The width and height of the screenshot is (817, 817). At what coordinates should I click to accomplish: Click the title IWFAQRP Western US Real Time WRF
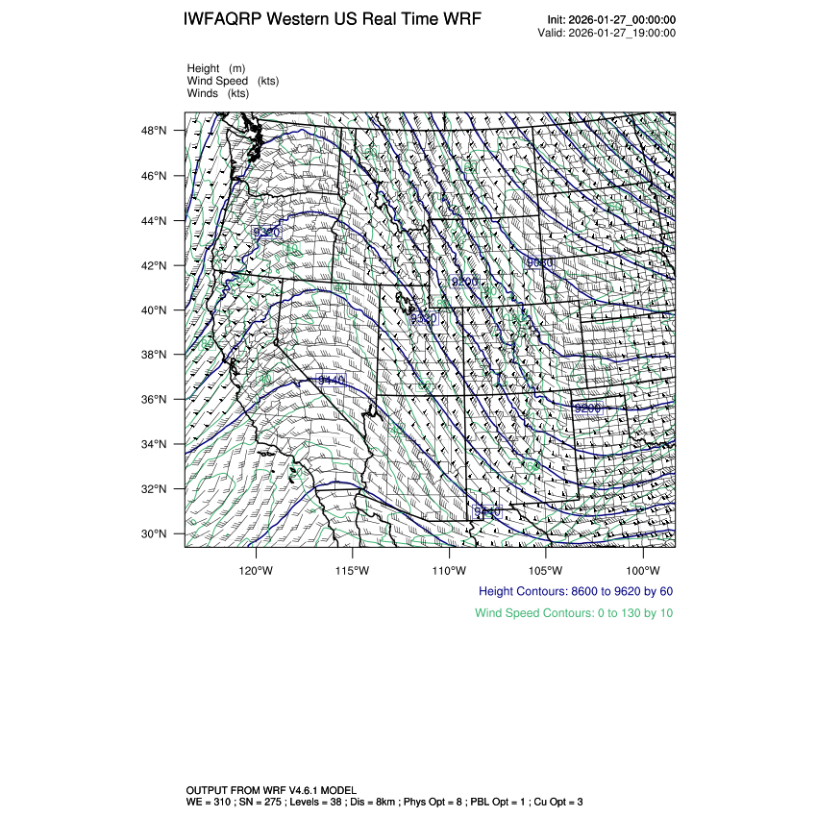pyautogui.click(x=333, y=19)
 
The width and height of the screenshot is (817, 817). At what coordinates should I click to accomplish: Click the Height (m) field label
pyautogui.click(x=216, y=68)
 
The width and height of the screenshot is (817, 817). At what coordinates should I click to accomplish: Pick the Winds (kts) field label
pyautogui.click(x=217, y=93)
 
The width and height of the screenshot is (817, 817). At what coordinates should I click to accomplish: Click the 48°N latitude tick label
pyautogui.click(x=156, y=131)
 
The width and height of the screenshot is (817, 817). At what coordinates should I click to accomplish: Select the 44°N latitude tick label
pyautogui.click(x=156, y=221)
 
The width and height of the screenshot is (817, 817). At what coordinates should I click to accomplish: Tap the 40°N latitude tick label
pyautogui.click(x=156, y=310)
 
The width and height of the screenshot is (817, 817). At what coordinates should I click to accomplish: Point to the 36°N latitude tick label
pyautogui.click(x=156, y=400)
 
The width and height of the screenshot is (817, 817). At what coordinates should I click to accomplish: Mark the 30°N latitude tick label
pyautogui.click(x=156, y=534)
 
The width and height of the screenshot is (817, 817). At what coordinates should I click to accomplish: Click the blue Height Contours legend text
pyautogui.click(x=576, y=591)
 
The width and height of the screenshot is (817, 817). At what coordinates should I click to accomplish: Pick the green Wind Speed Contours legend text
pyautogui.click(x=574, y=612)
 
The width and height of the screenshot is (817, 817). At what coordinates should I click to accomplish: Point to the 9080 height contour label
pyautogui.click(x=540, y=262)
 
